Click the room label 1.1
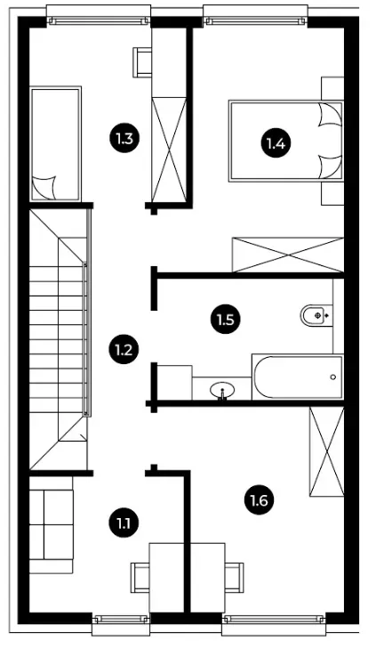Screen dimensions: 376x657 124,523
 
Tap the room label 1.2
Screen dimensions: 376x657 124,349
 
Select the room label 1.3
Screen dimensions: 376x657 124,138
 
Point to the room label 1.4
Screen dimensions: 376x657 276,143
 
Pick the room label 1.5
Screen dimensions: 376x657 226,320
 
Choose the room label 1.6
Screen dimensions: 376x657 260,500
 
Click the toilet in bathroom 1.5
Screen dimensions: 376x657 316,314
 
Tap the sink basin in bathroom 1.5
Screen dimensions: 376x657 221,391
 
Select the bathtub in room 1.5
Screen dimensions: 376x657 298,377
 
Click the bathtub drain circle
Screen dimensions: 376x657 333,377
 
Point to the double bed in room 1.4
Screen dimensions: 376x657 285,142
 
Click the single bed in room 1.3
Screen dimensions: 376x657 55,143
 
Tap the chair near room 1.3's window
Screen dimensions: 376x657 142,62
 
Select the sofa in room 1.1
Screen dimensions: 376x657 51,524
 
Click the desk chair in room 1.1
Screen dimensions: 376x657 140,578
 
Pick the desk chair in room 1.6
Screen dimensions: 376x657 234,578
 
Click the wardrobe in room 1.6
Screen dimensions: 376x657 326,451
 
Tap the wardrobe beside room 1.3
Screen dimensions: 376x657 169,150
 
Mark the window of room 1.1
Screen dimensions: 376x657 121,620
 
